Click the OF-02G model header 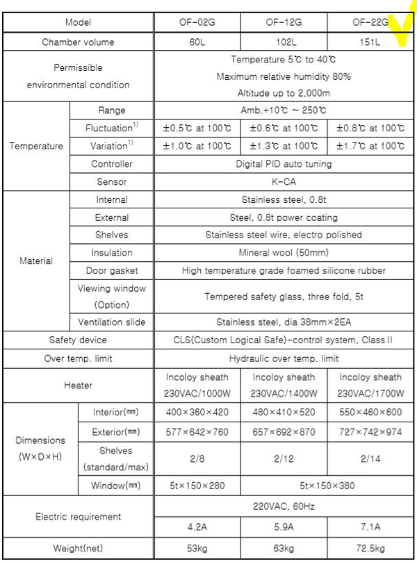pos(197,22)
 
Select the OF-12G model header pos(284,22)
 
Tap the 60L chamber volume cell pos(197,42)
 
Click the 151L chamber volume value pos(369,42)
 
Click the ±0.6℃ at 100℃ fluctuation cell pos(284,128)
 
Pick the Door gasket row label pos(111,270)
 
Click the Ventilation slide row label pos(111,322)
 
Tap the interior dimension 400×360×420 pos(197,412)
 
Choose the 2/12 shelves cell pos(284,458)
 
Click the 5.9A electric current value pos(284,526)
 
